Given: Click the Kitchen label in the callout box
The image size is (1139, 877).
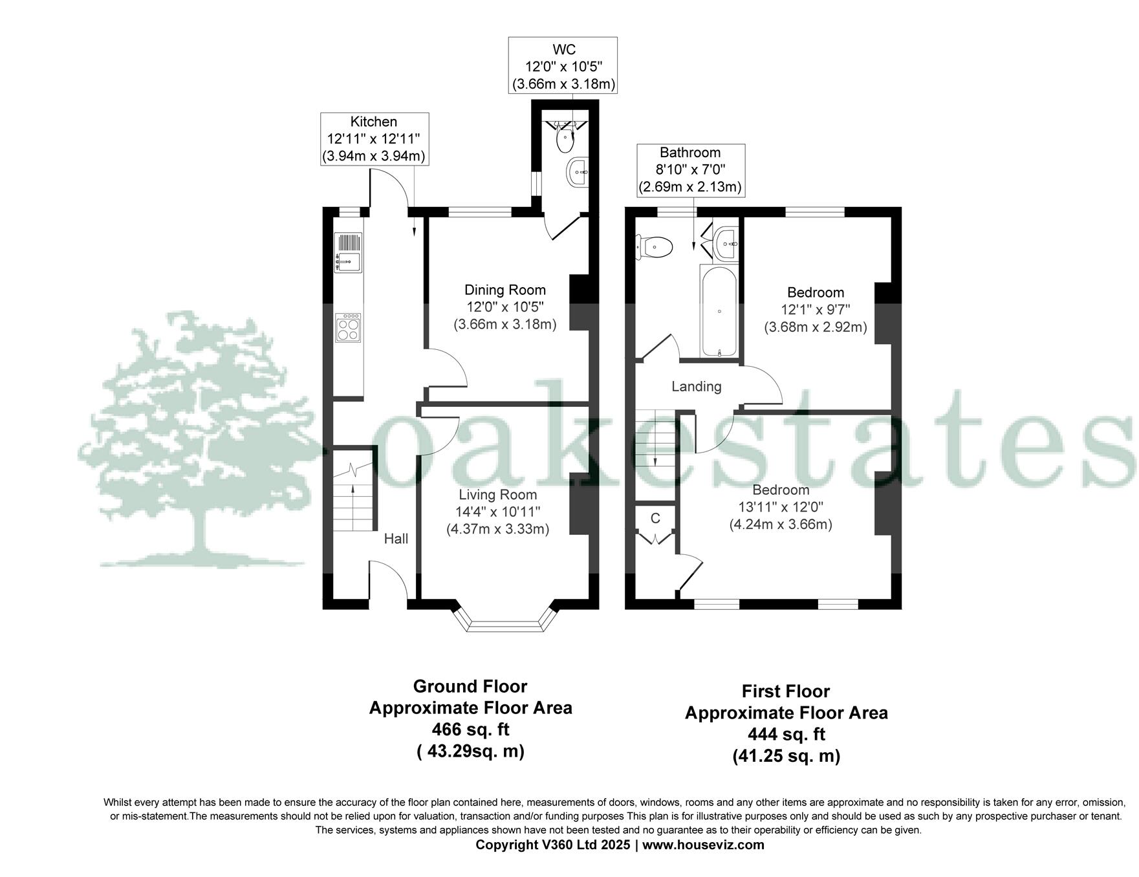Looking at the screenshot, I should point(373,122).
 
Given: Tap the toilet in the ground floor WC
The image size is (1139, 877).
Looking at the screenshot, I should point(566,135).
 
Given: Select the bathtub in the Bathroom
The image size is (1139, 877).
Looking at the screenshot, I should point(719,310).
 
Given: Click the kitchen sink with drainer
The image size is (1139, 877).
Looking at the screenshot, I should point(348,252).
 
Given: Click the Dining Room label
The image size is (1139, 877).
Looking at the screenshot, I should point(504,290).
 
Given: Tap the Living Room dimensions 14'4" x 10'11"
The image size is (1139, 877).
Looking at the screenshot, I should point(497,512).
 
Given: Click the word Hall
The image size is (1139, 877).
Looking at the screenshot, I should point(396,539).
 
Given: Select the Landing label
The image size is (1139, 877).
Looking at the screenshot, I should point(696,387).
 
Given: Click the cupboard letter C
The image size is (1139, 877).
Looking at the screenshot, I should point(655,518).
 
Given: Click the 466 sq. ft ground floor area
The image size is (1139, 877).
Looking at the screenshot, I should point(470,730).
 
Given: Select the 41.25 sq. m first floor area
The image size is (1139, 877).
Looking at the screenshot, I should point(786,755).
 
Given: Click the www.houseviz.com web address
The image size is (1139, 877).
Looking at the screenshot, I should point(703,845).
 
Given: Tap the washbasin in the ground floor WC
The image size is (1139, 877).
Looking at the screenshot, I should point(577,173).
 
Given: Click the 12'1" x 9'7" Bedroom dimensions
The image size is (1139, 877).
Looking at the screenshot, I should point(815,310).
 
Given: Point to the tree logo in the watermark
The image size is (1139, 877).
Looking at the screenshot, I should point(194,440).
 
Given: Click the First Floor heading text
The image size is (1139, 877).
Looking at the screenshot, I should point(785,691).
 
